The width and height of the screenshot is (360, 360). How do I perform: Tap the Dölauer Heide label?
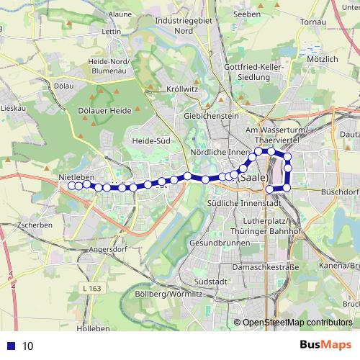(x=109, y=109)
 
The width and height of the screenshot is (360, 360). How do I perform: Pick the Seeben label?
(x=247, y=14)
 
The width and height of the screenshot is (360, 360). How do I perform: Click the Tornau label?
(x=313, y=22)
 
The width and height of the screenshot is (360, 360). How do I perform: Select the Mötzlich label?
(x=321, y=58)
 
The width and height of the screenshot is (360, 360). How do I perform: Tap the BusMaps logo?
(x=325, y=345)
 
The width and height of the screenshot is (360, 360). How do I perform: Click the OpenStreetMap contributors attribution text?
(x=297, y=322)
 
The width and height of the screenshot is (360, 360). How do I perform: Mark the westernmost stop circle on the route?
(x=71, y=186)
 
